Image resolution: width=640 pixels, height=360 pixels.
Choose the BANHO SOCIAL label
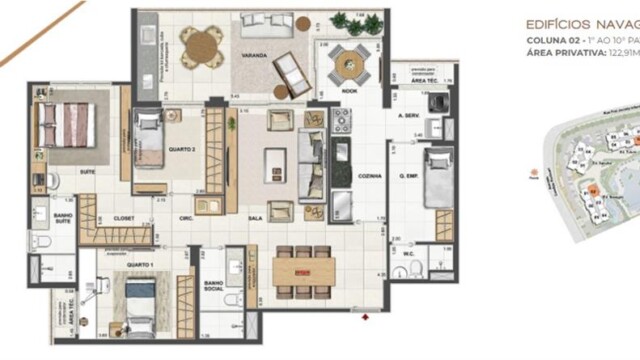(212, 289)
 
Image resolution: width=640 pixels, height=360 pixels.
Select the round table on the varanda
(200, 43)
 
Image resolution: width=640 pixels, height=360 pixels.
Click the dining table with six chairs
(302, 270)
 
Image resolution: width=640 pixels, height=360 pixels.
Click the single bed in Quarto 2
(149, 141)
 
